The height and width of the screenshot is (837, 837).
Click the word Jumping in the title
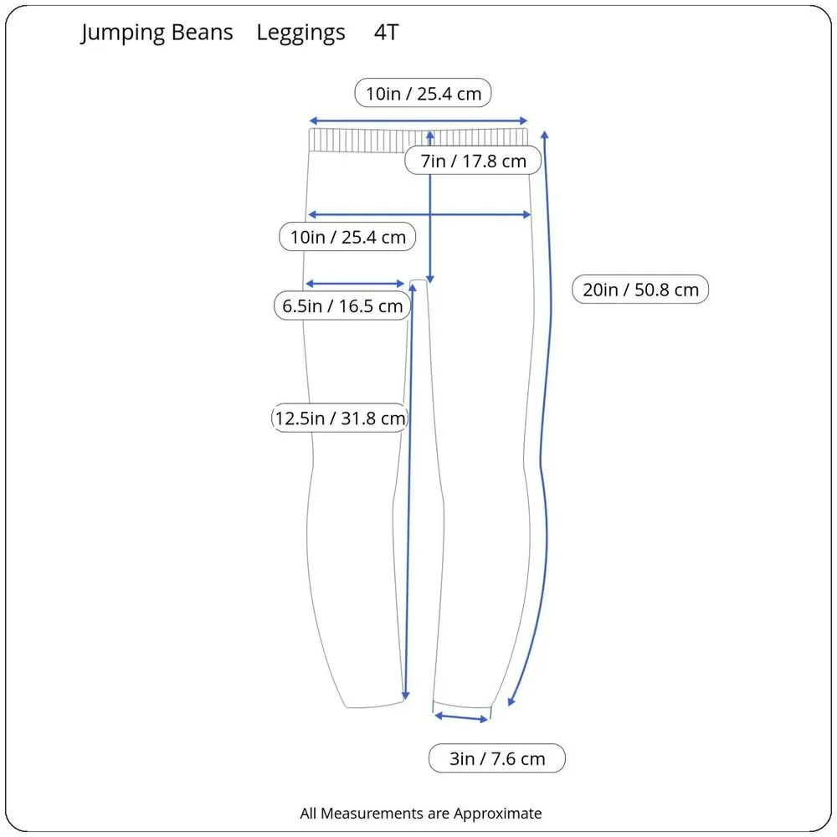pyautogui.click(x=122, y=33)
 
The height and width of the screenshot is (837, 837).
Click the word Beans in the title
pyautogui.click(x=203, y=33)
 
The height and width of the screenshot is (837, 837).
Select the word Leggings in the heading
pyautogui.click(x=301, y=33)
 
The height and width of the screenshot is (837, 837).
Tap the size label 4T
pyautogui.click(x=387, y=33)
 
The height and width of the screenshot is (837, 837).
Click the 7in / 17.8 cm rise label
pyautogui.click(x=473, y=161)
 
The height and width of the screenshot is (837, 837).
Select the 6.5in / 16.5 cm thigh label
pyautogui.click(x=342, y=306)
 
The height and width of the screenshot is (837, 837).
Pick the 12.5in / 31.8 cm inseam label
pyautogui.click(x=340, y=418)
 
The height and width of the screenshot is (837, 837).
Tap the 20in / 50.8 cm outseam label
pyautogui.click(x=640, y=290)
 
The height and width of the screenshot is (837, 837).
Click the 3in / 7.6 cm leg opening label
pyautogui.click(x=497, y=758)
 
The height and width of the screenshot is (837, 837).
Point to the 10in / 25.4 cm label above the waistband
pyautogui.click(x=424, y=93)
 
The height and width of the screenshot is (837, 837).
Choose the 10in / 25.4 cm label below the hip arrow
pyautogui.click(x=347, y=237)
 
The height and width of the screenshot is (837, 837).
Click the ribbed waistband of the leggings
pyautogui.click(x=418, y=141)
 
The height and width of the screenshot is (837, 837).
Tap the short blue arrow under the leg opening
pyautogui.click(x=462, y=718)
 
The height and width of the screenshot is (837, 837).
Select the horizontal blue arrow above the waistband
pyautogui.click(x=418, y=121)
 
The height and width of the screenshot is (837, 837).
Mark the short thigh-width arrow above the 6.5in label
pyautogui.click(x=354, y=284)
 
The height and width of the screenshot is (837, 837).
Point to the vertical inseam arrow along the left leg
pyautogui.click(x=409, y=491)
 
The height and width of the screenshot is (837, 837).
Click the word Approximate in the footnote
pyautogui.click(x=497, y=814)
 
